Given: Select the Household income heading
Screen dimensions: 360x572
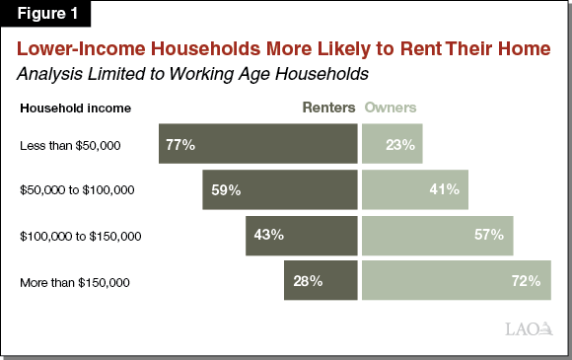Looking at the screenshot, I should coord(75,108).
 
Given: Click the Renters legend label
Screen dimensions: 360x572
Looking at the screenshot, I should coord(328,108).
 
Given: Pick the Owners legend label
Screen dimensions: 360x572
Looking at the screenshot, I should coord(391,108).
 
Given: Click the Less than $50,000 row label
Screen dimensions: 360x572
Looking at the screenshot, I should coord(70,146).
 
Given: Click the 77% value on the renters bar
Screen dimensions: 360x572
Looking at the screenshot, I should coord(180,145).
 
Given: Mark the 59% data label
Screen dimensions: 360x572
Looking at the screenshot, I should coord(226,190).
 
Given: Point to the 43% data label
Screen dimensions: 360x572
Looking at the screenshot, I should coord(269,236).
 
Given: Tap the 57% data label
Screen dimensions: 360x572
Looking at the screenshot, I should coord(489,236).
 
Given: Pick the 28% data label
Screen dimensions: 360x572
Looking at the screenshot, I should coord(308,281).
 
